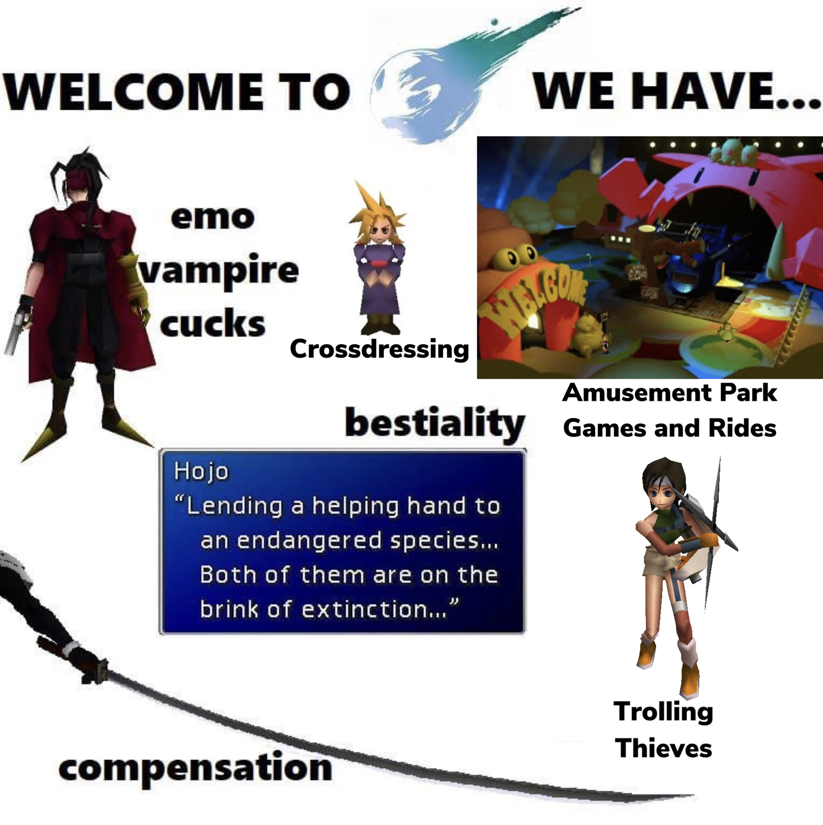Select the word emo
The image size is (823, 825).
(x=212, y=217)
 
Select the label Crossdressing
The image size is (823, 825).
(x=379, y=349)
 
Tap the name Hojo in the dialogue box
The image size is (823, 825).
(x=201, y=471)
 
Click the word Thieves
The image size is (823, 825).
(x=663, y=748)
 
